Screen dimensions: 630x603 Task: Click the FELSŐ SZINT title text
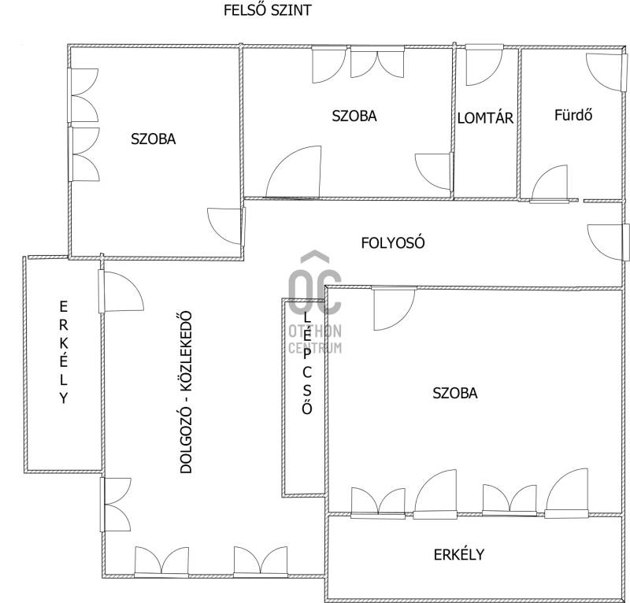267,10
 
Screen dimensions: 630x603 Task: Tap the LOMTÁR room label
485,118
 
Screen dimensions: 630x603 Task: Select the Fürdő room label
573,115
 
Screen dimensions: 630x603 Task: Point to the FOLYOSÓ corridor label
392,242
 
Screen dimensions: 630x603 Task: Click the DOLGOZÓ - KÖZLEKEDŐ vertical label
186,392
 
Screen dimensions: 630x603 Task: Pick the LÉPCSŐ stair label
307,363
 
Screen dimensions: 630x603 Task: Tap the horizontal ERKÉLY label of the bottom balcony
459,555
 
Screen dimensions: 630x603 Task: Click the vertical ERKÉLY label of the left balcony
64,352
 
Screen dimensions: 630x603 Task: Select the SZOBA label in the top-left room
153,139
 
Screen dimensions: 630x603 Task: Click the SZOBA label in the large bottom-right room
455,393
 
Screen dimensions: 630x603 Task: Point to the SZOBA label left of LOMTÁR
354,116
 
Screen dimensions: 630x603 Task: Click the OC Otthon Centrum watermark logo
315,302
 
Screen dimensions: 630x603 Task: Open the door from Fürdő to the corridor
550,183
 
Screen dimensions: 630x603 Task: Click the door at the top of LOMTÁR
484,65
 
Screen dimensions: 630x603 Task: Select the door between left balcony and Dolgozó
121,291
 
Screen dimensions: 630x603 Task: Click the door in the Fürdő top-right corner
606,71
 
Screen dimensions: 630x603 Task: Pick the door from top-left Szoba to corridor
226,226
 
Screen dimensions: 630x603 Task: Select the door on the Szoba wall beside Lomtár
433,172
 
